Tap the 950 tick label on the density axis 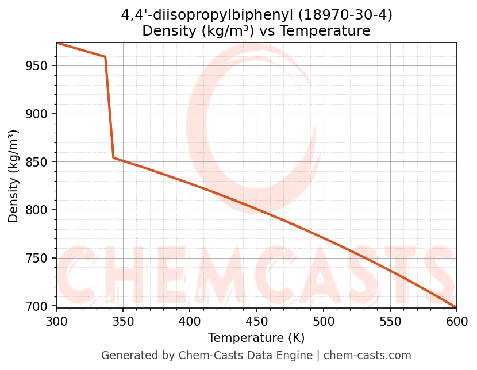37,65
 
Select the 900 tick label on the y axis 37,114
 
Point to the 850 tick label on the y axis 37,162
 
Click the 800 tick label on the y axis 37,210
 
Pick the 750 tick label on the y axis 37,258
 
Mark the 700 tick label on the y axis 37,306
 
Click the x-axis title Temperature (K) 256,338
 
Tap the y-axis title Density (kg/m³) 14,176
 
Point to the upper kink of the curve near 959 105,57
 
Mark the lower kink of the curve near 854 114,157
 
